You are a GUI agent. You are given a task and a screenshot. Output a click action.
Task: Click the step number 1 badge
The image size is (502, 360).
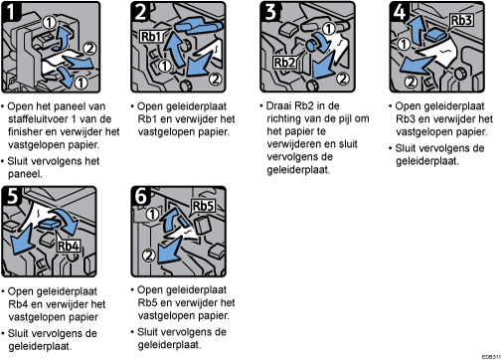(11, 11)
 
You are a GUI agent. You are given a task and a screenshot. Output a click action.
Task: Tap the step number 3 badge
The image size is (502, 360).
(270, 11)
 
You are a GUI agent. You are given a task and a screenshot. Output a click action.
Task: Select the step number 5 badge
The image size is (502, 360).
(12, 196)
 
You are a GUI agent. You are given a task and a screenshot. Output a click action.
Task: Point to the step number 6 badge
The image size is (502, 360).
(141, 196)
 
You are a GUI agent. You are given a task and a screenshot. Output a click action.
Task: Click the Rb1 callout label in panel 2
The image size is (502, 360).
(151, 37)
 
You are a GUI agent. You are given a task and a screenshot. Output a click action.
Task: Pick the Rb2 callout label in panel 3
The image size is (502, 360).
(284, 62)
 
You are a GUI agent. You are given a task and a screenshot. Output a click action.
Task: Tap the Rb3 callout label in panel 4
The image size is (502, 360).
(461, 20)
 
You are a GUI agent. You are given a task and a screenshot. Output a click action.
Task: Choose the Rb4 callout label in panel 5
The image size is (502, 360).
(69, 246)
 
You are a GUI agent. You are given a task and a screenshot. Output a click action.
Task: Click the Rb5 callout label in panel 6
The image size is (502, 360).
(203, 206)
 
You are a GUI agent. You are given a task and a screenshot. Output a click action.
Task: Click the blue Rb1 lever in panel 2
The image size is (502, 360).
(198, 26)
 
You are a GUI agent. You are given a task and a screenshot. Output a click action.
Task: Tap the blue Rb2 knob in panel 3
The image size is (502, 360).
(312, 45)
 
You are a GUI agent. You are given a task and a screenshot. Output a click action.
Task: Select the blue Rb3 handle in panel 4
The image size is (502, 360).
(434, 35)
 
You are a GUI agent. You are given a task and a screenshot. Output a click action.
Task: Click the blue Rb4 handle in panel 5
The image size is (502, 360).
(50, 225)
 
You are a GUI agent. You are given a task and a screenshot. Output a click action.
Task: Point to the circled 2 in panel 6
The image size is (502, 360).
(149, 256)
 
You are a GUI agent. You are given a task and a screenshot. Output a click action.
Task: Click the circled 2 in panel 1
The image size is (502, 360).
(89, 49)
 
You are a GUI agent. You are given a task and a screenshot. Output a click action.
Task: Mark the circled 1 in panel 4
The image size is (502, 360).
(404, 44)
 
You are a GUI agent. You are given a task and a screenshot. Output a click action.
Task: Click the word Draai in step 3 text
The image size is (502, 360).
(279, 105)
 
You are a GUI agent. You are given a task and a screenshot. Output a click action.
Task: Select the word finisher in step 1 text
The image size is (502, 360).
(25, 131)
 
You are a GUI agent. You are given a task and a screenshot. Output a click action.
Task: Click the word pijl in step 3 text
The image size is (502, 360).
(345, 118)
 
